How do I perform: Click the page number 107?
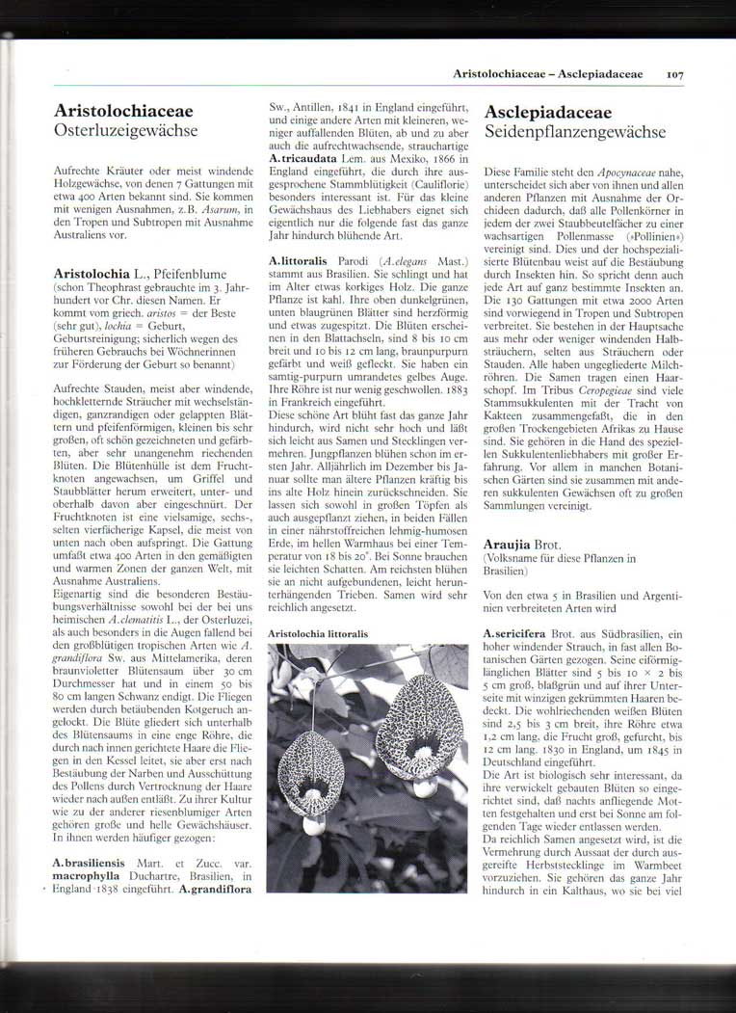pos(673,72)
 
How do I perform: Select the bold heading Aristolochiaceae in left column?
pos(123,112)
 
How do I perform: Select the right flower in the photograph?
pos(424,723)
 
